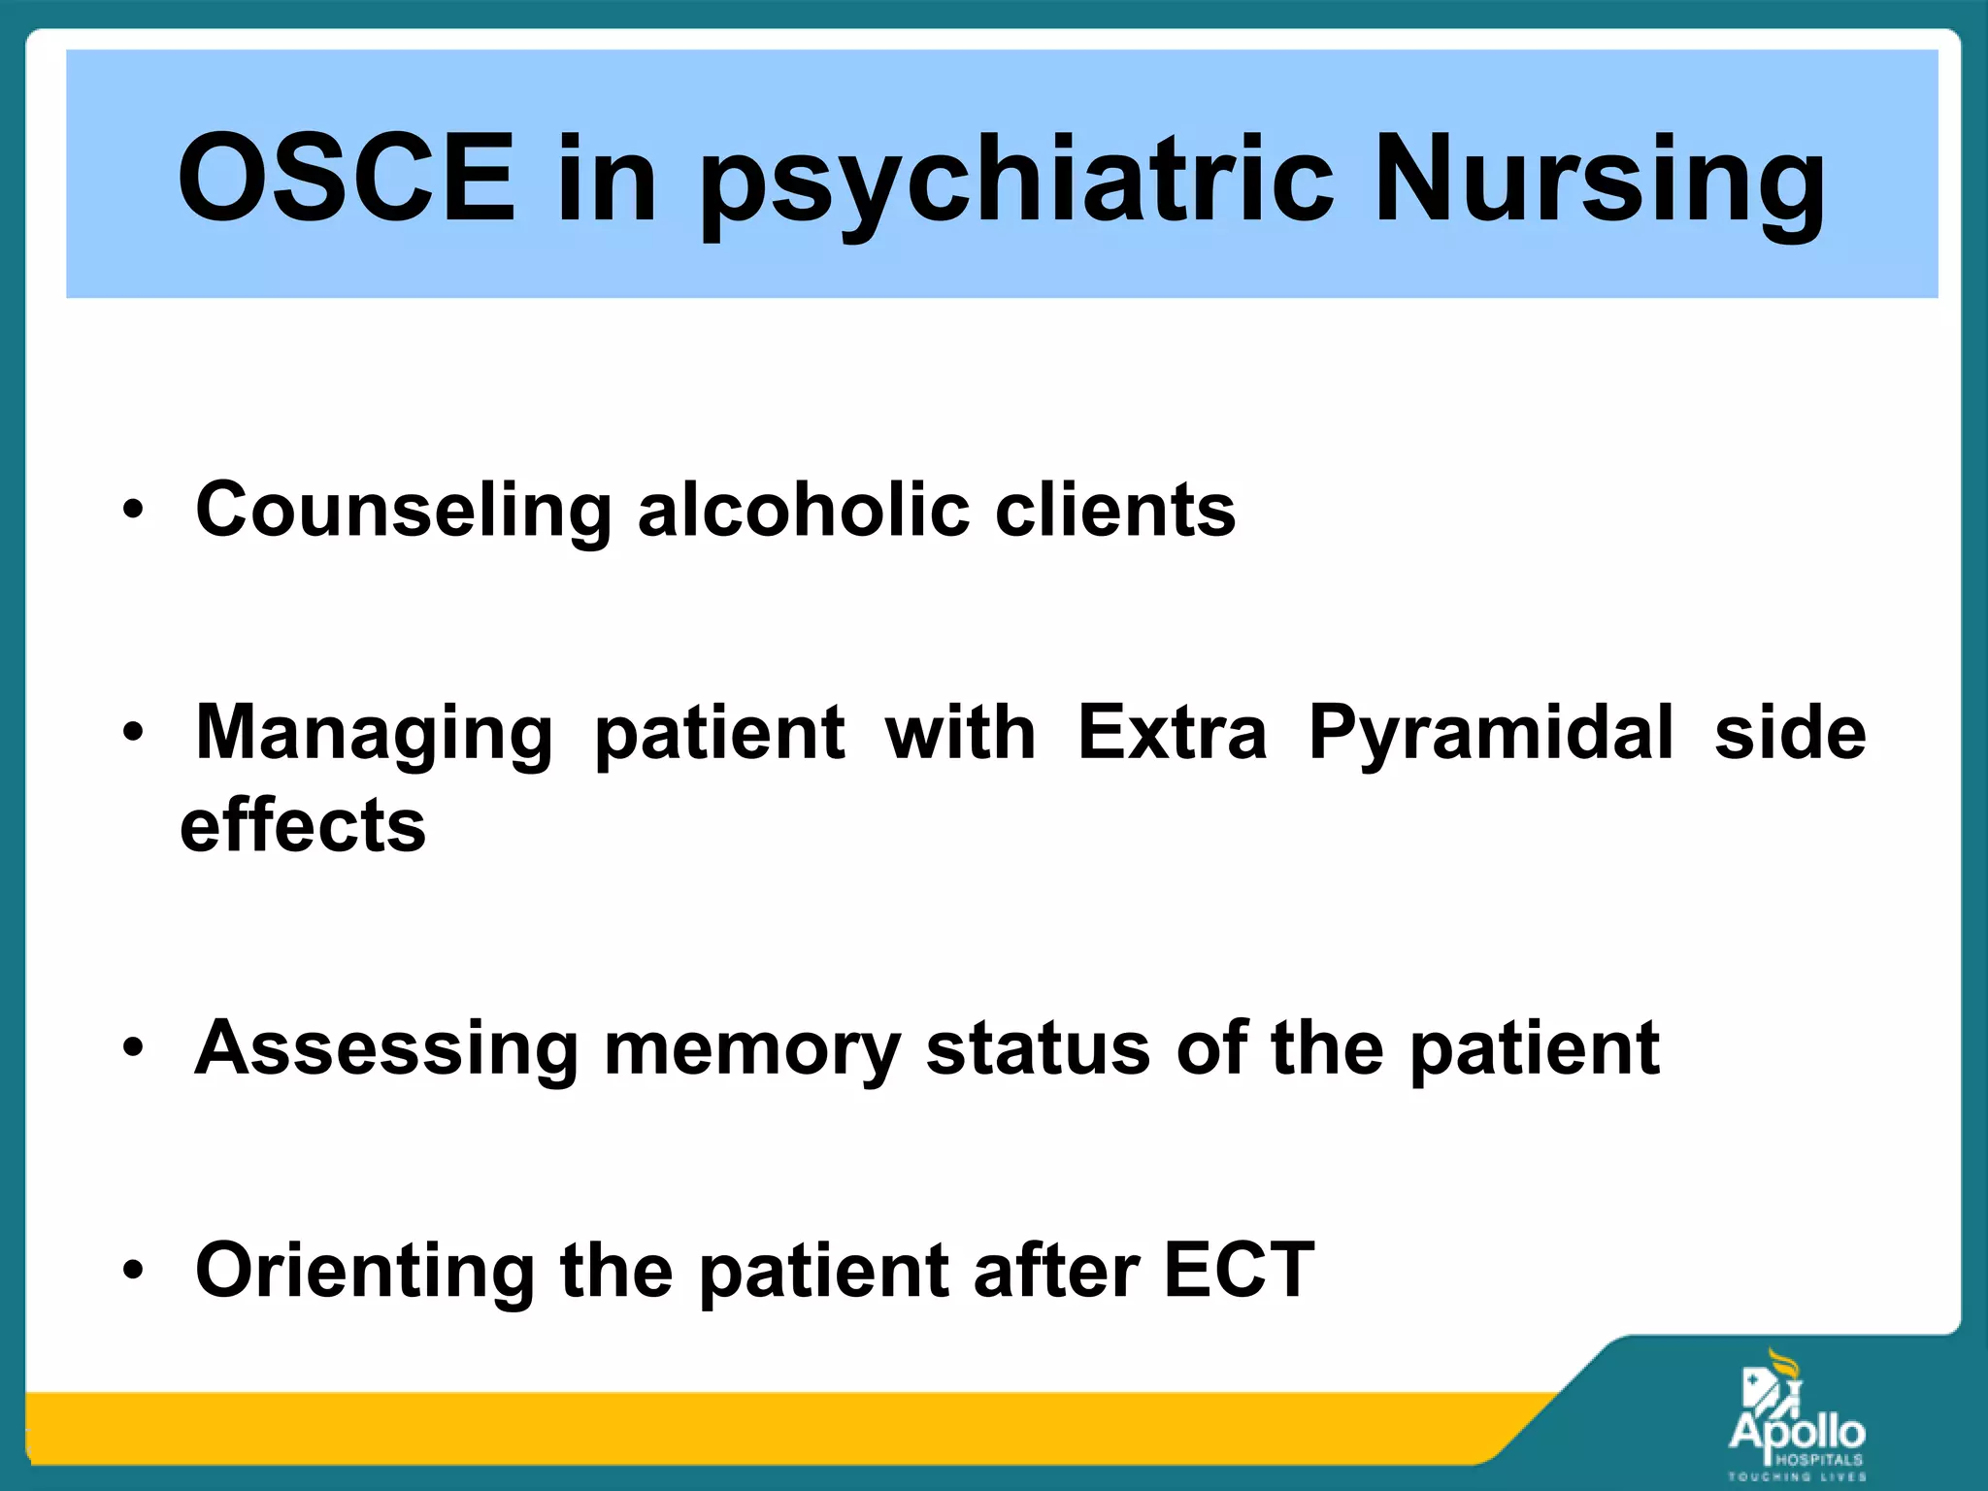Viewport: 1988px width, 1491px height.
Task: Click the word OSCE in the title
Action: (x=346, y=178)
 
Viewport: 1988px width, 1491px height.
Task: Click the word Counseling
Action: (x=403, y=511)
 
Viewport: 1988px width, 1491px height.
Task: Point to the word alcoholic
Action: (x=803, y=511)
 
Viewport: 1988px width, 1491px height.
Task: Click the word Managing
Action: (x=375, y=734)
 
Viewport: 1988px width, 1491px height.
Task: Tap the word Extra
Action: (x=1172, y=733)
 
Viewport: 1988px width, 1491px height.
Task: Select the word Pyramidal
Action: (x=1491, y=734)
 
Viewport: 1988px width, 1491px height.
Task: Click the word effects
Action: (x=303, y=826)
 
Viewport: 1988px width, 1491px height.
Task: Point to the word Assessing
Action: (x=386, y=1049)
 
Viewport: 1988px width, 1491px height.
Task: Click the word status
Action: (x=1038, y=1049)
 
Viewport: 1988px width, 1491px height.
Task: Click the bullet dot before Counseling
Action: (x=133, y=510)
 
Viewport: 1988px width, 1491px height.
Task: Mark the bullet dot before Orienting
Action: (x=133, y=1270)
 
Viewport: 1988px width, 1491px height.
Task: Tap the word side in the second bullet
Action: (x=1790, y=733)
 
